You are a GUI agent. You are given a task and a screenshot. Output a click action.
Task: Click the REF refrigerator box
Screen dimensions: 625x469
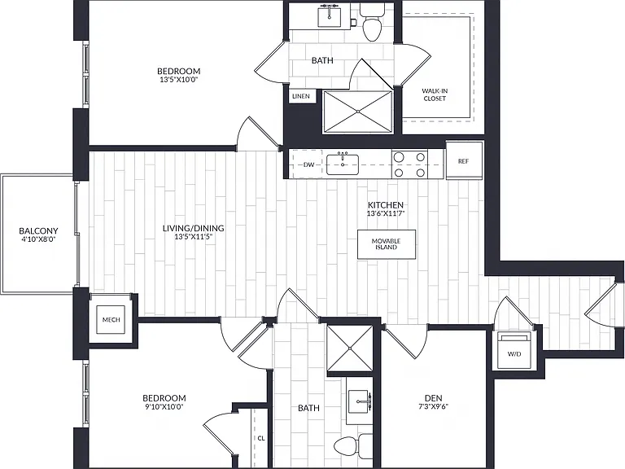pos(464,160)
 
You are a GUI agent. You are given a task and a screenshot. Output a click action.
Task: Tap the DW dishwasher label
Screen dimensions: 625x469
pos(309,164)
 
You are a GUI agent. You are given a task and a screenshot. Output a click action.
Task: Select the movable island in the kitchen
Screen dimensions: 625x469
pos(387,244)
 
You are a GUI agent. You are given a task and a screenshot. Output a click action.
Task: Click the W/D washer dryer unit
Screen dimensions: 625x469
pos(514,350)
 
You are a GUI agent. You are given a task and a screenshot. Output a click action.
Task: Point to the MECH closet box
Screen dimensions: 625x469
pos(111,319)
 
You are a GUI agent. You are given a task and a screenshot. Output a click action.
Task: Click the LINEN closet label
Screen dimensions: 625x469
pos(301,96)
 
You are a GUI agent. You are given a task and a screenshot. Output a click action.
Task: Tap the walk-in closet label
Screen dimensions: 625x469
pos(435,94)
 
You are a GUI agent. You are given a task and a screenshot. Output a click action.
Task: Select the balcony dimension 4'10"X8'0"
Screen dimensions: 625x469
pos(39,239)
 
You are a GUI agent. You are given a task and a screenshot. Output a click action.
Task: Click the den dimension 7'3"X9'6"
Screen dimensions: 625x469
pos(433,406)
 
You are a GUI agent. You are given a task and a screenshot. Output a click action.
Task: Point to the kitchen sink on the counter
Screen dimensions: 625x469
pos(343,164)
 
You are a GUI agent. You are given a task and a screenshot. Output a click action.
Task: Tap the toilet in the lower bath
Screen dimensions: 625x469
pos(352,447)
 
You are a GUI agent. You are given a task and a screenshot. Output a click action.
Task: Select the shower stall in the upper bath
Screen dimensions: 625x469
pos(357,112)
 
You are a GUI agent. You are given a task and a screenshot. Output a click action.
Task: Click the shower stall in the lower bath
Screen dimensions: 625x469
pos(350,348)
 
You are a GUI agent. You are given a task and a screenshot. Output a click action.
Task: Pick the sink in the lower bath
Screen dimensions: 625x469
pos(360,401)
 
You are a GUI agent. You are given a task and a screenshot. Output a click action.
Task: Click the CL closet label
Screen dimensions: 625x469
pos(261,438)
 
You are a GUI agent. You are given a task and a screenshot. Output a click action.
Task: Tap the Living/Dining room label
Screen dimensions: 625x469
pos(194,228)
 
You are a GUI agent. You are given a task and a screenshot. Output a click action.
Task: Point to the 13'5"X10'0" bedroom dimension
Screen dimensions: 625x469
pos(178,79)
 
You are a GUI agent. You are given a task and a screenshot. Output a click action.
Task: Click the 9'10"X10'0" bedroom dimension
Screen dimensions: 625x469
pos(164,406)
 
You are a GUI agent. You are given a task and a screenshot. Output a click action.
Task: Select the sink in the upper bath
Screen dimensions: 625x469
pos(330,17)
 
